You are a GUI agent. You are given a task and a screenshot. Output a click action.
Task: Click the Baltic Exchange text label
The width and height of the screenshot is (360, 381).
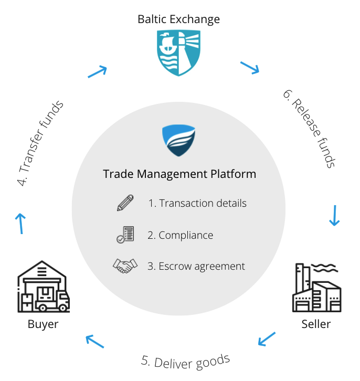(178, 19)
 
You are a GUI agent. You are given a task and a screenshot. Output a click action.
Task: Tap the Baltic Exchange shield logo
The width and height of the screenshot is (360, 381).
(179, 53)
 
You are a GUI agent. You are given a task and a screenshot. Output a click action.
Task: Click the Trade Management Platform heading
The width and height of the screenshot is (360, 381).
(179, 174)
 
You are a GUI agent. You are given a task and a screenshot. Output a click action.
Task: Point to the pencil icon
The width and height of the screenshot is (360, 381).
(125, 203)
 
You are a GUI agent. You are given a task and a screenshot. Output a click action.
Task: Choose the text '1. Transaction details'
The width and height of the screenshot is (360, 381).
(197, 203)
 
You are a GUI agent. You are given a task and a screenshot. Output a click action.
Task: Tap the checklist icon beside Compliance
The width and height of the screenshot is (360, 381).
(125, 235)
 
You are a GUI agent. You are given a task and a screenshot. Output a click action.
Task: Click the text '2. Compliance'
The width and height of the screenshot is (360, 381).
(181, 235)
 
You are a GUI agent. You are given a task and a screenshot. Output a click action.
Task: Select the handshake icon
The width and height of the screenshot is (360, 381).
(125, 266)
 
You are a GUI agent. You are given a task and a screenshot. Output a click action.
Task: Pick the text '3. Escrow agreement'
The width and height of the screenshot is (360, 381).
(196, 266)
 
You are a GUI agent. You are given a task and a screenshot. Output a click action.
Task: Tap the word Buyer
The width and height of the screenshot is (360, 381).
(43, 324)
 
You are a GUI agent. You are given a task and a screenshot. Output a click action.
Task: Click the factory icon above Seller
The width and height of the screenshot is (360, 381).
(316, 289)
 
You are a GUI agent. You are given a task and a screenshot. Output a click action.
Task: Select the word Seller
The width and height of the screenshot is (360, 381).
(316, 324)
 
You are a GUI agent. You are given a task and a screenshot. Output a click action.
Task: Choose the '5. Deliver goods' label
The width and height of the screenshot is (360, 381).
(185, 361)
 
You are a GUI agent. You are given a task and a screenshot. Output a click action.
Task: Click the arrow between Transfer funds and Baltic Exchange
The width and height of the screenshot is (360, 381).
(98, 71)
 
